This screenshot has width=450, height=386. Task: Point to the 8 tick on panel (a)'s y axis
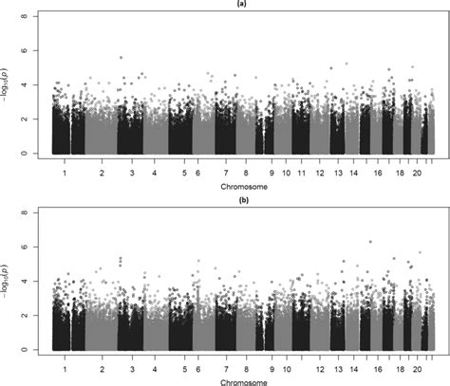[x=35, y=17]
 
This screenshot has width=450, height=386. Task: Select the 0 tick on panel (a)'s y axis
[x=35, y=154]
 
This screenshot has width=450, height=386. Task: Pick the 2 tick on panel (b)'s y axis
[x=35, y=316]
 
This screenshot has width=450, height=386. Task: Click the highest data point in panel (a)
[x=121, y=58]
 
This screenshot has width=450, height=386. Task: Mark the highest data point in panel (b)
[x=370, y=242]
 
